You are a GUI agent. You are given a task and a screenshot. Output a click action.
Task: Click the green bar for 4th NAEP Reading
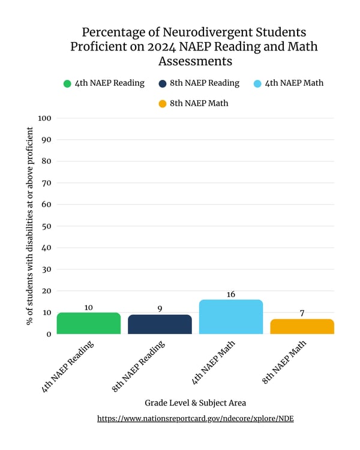(88, 323)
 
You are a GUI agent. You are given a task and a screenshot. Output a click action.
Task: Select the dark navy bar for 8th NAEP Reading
(160, 325)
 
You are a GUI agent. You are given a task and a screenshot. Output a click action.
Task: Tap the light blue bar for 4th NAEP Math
(230, 317)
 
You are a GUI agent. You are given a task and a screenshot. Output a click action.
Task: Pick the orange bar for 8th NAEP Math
(302, 326)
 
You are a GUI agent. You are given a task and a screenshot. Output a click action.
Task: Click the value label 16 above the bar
(230, 295)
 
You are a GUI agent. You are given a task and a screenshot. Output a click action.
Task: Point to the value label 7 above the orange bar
(302, 314)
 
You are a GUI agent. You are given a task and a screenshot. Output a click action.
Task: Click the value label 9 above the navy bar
(160, 309)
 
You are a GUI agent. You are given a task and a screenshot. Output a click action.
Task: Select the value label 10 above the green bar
(88, 307)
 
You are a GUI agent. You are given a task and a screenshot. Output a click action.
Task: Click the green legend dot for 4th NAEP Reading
(67, 84)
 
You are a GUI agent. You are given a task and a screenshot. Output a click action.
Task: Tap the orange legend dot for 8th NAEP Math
(162, 104)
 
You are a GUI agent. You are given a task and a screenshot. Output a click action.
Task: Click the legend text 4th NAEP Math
(293, 83)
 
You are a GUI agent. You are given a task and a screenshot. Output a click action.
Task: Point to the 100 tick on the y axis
(44, 118)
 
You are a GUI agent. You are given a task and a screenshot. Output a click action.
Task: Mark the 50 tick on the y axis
(46, 226)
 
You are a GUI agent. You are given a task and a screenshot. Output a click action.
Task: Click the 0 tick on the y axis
(49, 334)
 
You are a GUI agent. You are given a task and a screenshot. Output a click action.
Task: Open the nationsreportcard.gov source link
(195, 419)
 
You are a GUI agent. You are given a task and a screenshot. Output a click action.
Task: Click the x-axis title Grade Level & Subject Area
(195, 403)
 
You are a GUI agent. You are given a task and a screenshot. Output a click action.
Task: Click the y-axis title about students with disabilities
(29, 225)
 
